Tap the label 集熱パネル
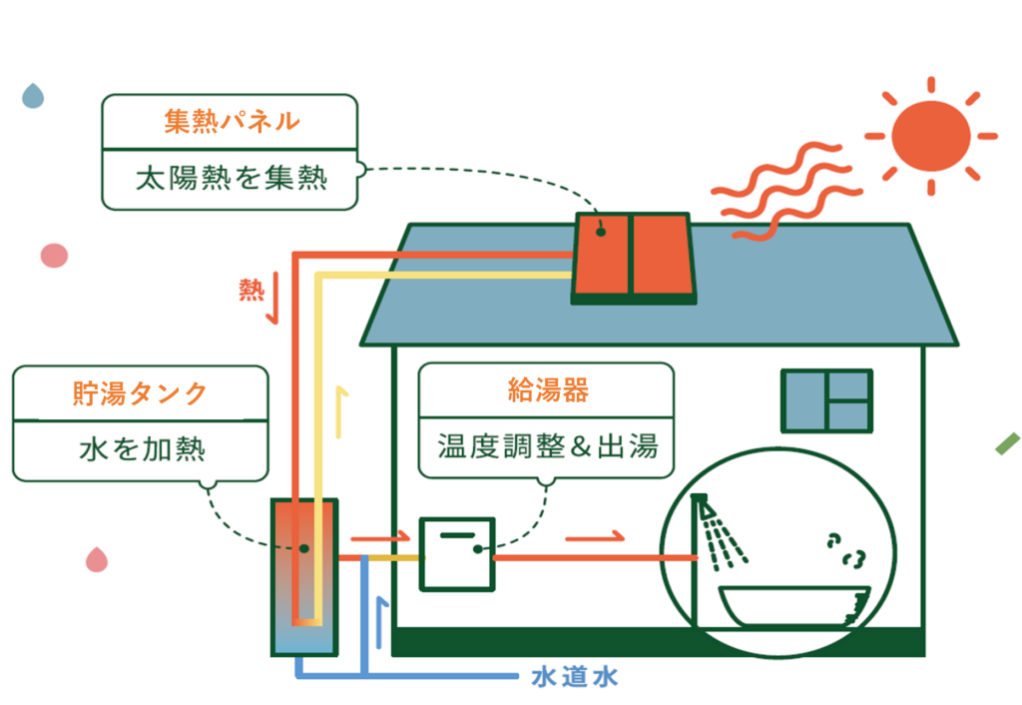click(232, 122)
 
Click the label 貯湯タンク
click(140, 392)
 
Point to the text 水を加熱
click(142, 448)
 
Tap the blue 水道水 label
click(574, 678)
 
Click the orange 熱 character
click(252, 290)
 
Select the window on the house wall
click(826, 400)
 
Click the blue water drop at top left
click(34, 96)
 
